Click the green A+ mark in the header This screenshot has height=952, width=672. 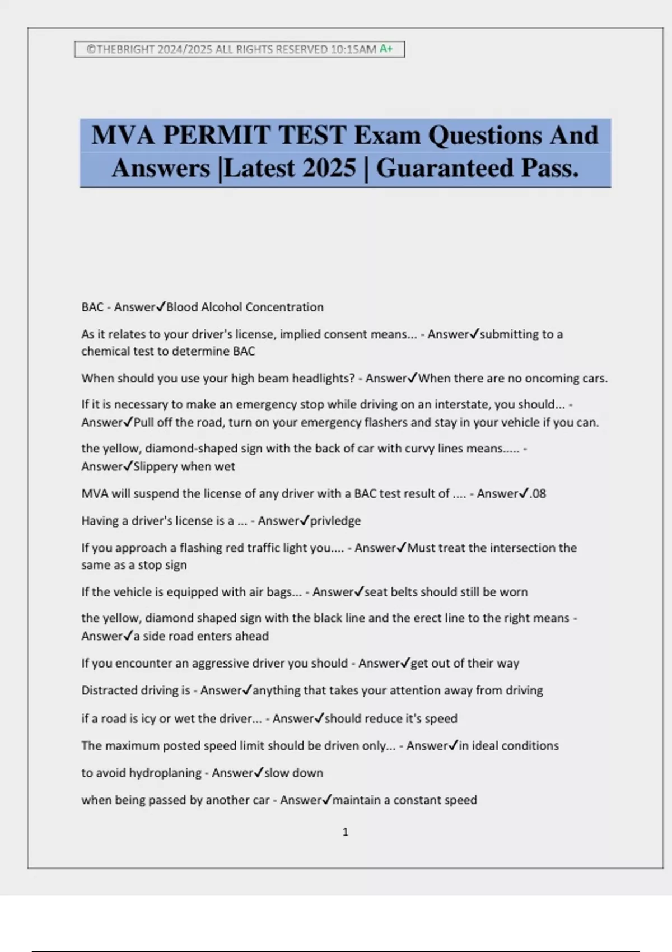pyautogui.click(x=386, y=49)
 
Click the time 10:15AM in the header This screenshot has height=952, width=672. pyautogui.click(x=353, y=49)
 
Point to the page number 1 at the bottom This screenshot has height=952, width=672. pyautogui.click(x=345, y=832)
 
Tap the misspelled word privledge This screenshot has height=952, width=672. pyautogui.click(x=335, y=521)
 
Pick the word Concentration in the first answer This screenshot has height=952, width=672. pyautogui.click(x=284, y=307)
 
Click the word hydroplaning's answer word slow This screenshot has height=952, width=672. pyautogui.click(x=276, y=773)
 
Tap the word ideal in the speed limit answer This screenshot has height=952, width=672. pyautogui.click(x=485, y=746)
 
